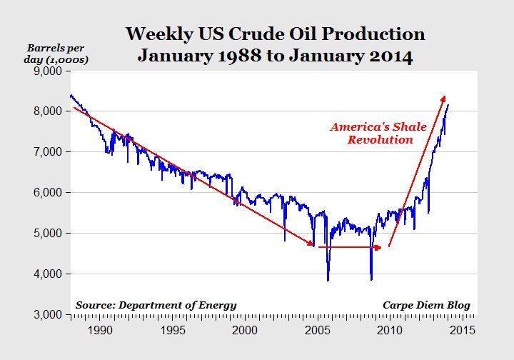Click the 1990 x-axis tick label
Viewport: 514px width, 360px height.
[100, 330]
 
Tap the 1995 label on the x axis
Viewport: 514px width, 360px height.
[172, 330]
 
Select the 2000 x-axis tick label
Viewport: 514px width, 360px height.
[245, 330]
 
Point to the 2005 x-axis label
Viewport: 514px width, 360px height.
[318, 330]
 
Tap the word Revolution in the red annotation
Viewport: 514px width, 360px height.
[381, 140]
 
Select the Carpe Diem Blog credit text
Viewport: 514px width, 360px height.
[426, 305]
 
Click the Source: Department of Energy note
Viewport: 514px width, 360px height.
[156, 305]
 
